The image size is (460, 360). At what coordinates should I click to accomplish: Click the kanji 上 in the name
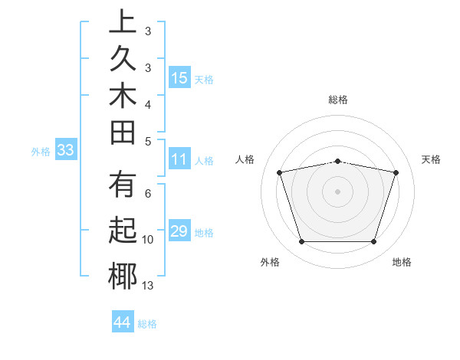[x=122, y=22]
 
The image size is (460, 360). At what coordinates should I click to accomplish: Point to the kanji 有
[x=122, y=187]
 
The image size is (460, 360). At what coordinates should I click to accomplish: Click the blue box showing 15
[x=179, y=77]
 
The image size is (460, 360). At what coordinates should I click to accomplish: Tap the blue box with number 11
[x=179, y=160]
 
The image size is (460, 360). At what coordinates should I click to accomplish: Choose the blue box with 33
[x=65, y=150]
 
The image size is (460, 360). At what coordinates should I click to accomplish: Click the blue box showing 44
[x=122, y=322]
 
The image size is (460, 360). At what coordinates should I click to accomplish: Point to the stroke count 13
[x=148, y=286]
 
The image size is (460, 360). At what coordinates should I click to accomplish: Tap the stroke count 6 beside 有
[x=148, y=194]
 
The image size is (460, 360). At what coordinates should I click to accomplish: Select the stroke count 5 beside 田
[x=148, y=140]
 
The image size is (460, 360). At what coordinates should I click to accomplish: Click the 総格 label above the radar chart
[x=338, y=100]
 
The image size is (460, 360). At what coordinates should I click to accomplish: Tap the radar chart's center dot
[x=338, y=191]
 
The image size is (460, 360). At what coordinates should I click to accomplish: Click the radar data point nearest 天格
[x=396, y=172]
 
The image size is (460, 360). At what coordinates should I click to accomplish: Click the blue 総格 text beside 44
[x=147, y=324]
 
